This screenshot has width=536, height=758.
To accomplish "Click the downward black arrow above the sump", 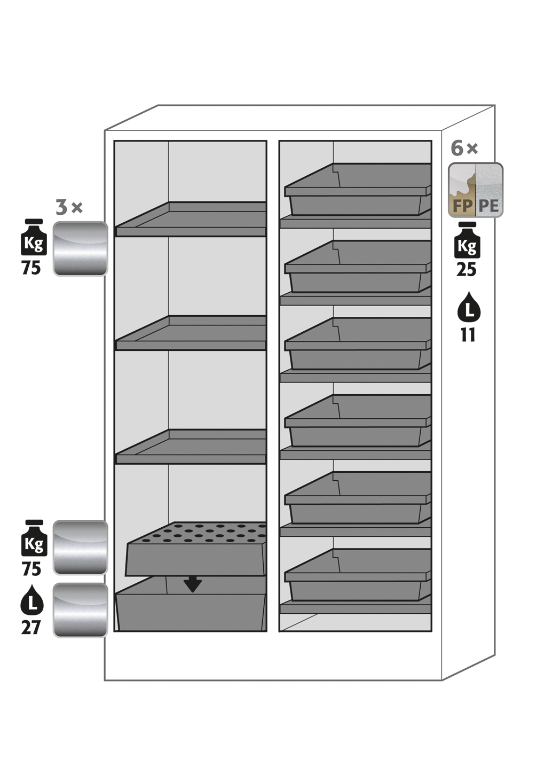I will [x=192, y=584].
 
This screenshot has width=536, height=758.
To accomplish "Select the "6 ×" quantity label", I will [x=464, y=148].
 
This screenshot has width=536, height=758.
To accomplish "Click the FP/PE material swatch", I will [x=475, y=190].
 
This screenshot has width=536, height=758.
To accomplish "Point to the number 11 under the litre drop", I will [x=468, y=335].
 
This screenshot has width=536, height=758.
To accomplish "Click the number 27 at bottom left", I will [x=31, y=627].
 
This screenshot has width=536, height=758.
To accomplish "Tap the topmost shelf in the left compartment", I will [x=191, y=220].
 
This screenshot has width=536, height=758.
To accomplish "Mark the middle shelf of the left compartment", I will [x=191, y=334].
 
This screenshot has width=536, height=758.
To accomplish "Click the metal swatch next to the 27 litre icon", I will [x=80, y=609].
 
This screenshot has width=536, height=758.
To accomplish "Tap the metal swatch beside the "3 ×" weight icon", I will [x=80, y=248].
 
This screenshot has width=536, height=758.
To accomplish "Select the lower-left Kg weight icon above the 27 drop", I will [x=33, y=538].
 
